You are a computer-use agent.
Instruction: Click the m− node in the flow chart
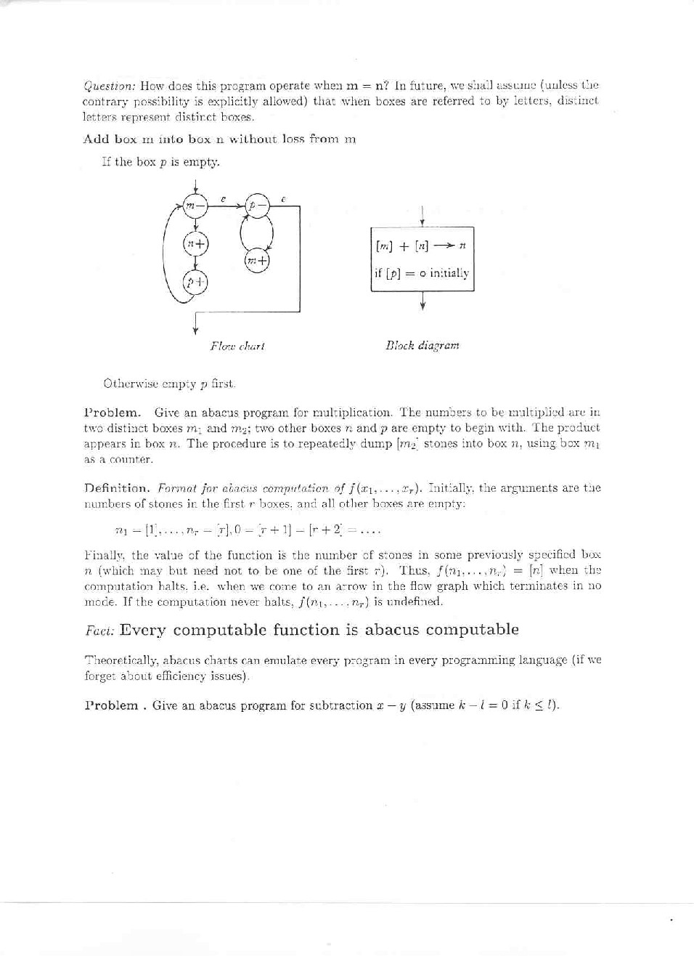pyautogui.click(x=194, y=206)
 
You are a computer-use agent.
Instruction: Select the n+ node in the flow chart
pyautogui.click(x=195, y=244)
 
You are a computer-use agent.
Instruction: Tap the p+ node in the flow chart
pyautogui.click(x=195, y=282)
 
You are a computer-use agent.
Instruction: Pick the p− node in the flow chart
pyautogui.click(x=256, y=206)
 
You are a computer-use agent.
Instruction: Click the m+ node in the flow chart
pyautogui.click(x=257, y=259)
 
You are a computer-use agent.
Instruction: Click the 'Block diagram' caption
pyautogui.click(x=422, y=346)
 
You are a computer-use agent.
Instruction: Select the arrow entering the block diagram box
pyautogui.click(x=422, y=217)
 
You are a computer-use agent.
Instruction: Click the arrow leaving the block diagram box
pyautogui.click(x=422, y=301)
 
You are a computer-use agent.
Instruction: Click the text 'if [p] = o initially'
pyautogui.click(x=421, y=273)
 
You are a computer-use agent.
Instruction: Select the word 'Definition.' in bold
pyautogui.click(x=117, y=488)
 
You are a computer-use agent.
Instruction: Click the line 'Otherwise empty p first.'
pyautogui.click(x=169, y=384)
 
